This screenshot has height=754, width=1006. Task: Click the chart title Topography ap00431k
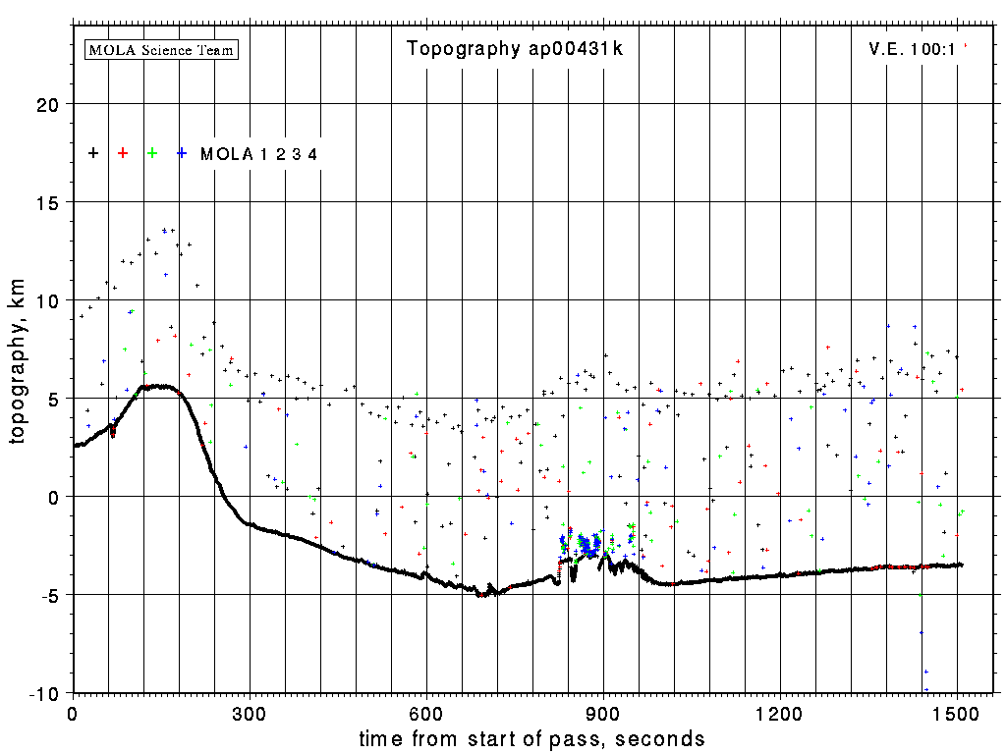tap(515, 49)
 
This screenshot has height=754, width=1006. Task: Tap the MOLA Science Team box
tap(162, 49)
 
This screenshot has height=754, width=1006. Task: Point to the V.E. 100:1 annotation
tap(913, 48)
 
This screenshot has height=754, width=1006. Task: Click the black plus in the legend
tap(93, 153)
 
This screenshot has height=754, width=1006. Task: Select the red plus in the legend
tap(123, 153)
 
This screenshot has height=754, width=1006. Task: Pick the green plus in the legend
tap(152, 153)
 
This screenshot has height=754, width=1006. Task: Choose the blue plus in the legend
tap(182, 153)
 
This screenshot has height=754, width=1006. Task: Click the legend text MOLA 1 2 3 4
tap(258, 154)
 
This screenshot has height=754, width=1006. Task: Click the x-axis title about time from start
tap(531, 738)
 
